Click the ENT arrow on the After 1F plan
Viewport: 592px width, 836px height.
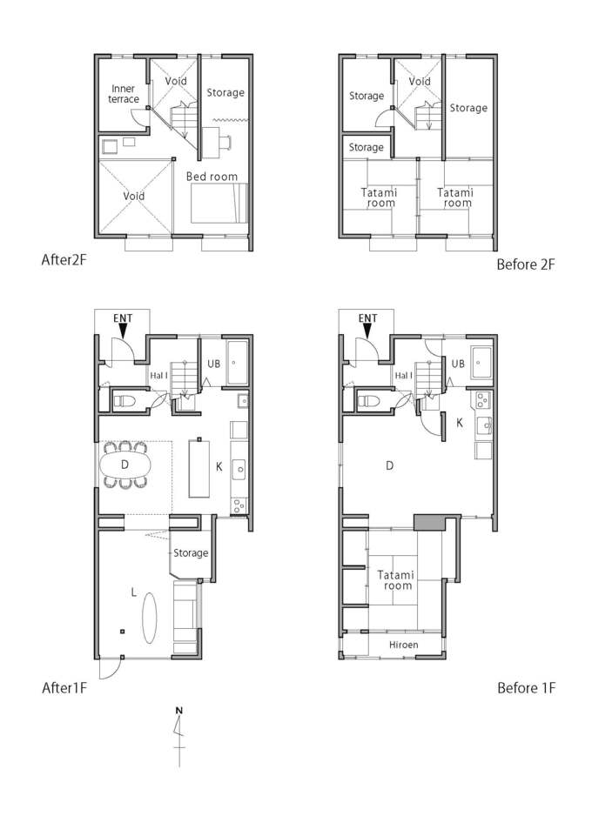coord(123,331)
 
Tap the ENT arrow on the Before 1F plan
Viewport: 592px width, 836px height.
coord(367,331)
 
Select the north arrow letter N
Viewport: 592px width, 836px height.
coord(179,710)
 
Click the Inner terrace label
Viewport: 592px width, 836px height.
coord(124,94)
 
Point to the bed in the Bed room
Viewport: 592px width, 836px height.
coord(219,204)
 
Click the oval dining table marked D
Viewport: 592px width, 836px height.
coord(124,465)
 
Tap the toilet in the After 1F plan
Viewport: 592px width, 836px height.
coord(124,400)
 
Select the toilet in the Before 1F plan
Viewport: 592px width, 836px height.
coord(369,400)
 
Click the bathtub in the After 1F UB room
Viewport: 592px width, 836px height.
coord(237,363)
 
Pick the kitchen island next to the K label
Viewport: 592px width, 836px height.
coord(199,468)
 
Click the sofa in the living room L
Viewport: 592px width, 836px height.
coord(185,618)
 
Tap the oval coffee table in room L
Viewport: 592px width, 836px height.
coord(150,618)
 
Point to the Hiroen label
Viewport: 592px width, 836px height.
coord(403,645)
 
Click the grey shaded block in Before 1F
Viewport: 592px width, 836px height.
coord(429,523)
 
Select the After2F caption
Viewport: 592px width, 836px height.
coord(64,259)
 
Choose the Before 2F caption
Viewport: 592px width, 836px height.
coord(526,264)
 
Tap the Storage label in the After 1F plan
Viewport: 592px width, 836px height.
coord(191,553)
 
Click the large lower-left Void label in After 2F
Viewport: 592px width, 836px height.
coord(134,196)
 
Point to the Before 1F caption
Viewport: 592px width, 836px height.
coord(527,688)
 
